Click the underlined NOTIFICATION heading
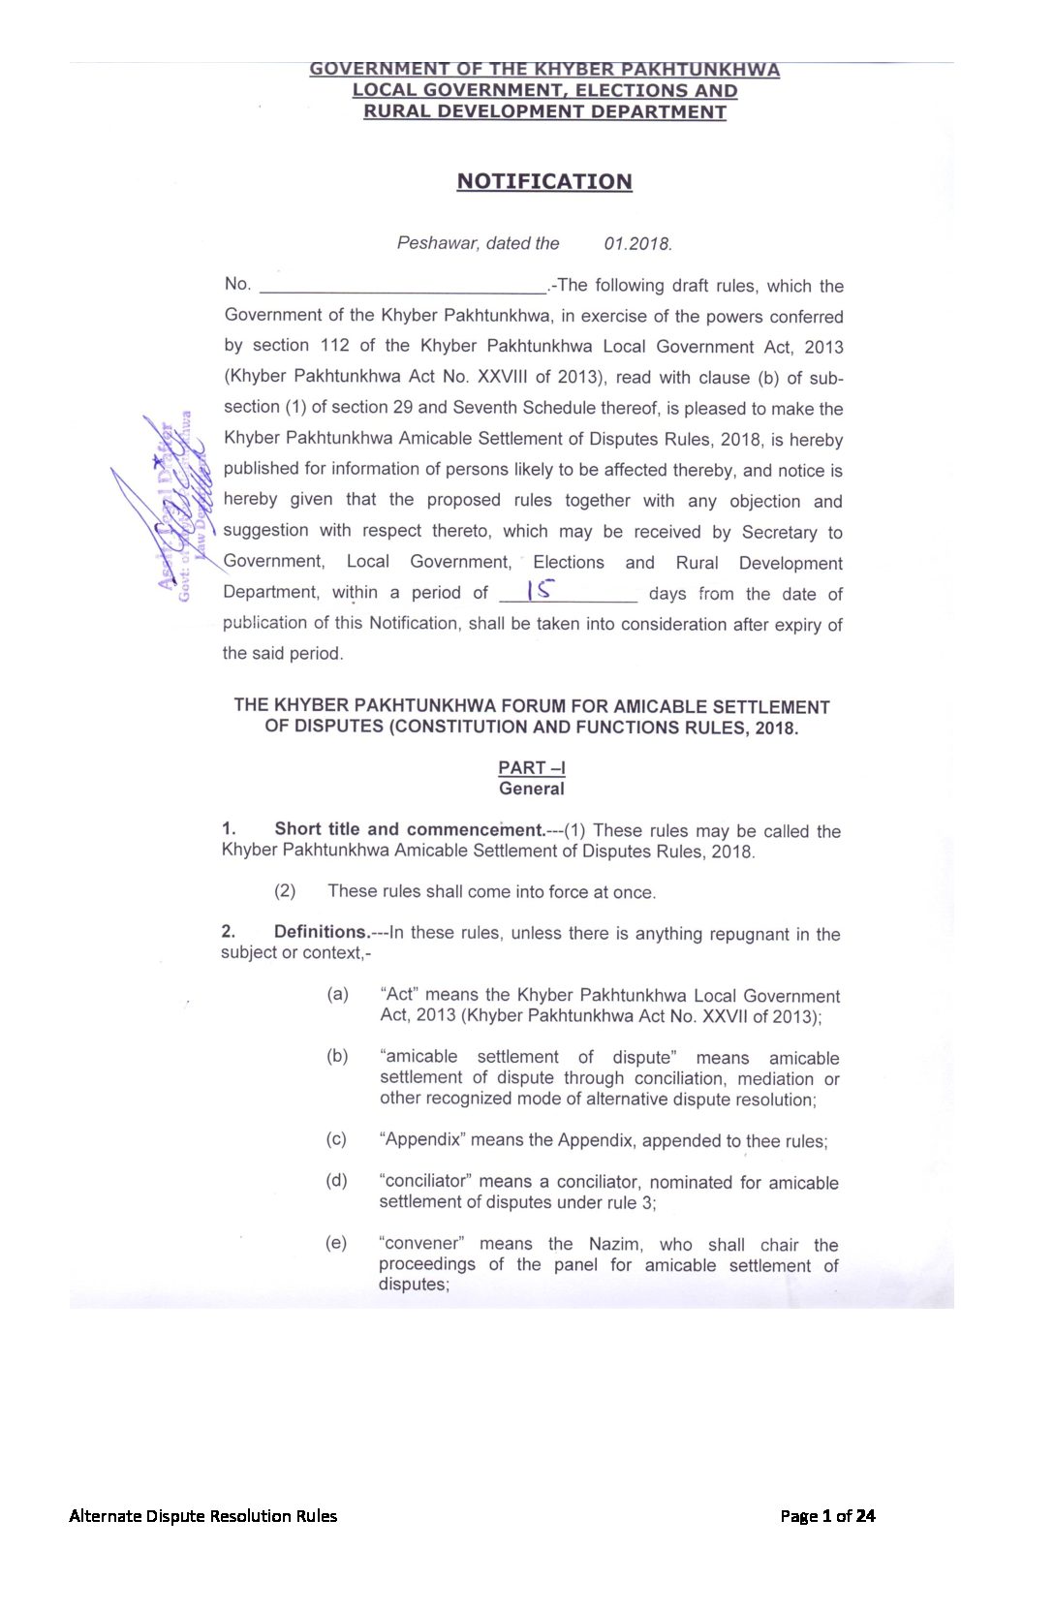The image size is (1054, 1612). [544, 182]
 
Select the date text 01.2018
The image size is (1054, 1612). [637, 244]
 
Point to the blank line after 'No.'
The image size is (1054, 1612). [403, 286]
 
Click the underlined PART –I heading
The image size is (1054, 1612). [532, 768]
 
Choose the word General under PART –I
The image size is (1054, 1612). [532, 790]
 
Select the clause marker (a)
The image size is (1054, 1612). [337, 995]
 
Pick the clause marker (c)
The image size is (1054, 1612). [336, 1139]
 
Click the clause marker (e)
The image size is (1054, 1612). [336, 1243]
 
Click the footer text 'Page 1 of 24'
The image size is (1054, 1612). [827, 1516]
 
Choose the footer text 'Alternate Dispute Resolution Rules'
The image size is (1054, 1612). [203, 1516]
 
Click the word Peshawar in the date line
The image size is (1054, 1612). [437, 243]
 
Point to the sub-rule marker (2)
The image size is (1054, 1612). [285, 891]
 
